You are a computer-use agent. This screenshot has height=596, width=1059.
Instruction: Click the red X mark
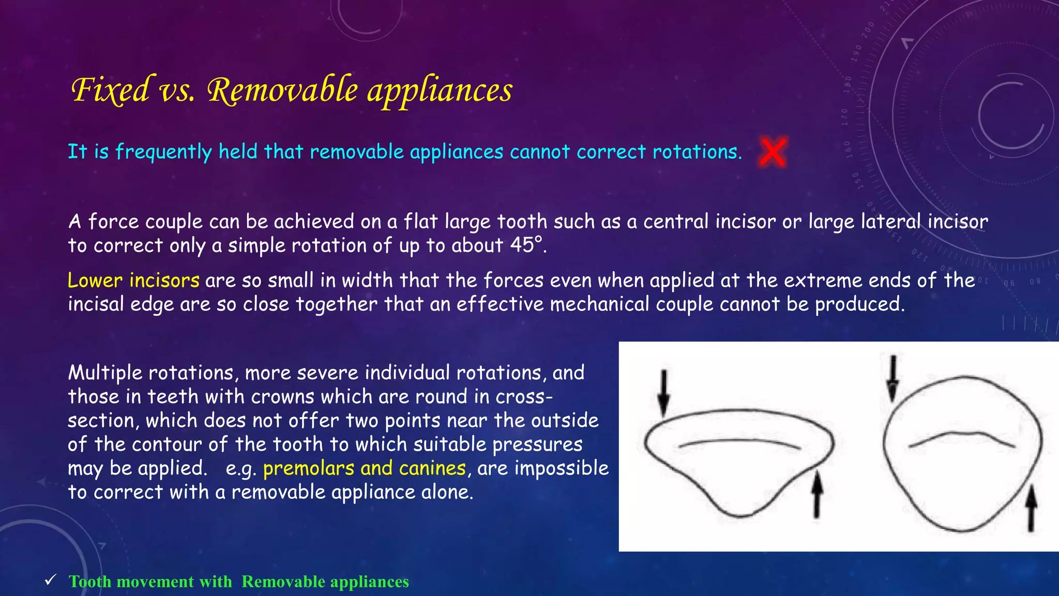(773, 152)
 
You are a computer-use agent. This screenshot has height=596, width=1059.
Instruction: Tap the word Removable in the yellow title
(282, 90)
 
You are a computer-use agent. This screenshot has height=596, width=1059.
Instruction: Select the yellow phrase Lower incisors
(133, 280)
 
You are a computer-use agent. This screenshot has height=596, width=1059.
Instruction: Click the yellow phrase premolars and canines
(365, 468)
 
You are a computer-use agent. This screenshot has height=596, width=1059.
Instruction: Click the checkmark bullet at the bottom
(50, 580)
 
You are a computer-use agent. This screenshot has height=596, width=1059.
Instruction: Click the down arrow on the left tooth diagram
(664, 392)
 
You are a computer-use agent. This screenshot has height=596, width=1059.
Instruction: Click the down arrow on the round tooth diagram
(893, 378)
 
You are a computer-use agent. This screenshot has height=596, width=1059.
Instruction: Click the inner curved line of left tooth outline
(739, 442)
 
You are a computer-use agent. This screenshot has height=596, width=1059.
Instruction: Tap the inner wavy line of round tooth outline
(962, 437)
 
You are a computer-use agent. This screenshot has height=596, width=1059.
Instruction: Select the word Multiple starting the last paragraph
(104, 373)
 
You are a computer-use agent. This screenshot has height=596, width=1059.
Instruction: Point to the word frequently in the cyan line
(163, 152)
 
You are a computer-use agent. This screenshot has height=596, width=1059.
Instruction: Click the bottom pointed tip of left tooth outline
(740, 515)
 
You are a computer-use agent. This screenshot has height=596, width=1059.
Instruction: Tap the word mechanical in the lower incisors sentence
(599, 304)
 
